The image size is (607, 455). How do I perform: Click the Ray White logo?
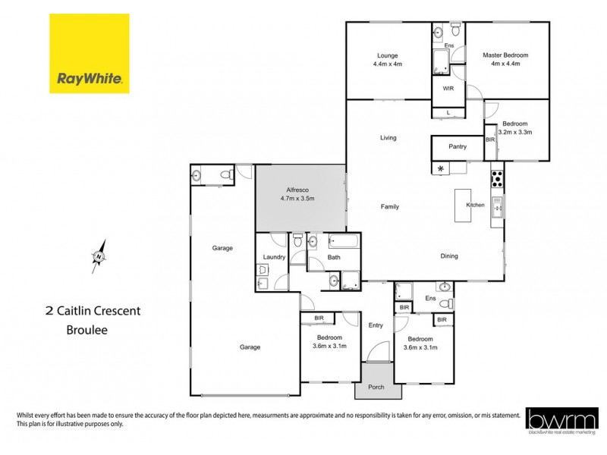90,53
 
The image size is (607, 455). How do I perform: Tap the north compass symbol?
99,256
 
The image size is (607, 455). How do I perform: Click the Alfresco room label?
300,193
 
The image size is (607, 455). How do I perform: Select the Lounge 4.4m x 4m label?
387,60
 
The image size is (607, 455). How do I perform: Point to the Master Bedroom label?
505,60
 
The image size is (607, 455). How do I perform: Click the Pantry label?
458,147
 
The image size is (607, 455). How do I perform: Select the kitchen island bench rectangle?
463,205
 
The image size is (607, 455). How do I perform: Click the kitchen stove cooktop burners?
498,179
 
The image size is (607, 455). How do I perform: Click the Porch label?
376,388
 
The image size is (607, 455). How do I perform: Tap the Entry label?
376,325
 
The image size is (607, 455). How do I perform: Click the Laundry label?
273,257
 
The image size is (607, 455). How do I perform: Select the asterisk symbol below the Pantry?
439,168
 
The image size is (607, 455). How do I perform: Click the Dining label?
449,256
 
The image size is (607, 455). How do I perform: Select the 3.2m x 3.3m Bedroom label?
517,127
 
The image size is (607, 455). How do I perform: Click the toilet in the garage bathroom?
225,175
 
